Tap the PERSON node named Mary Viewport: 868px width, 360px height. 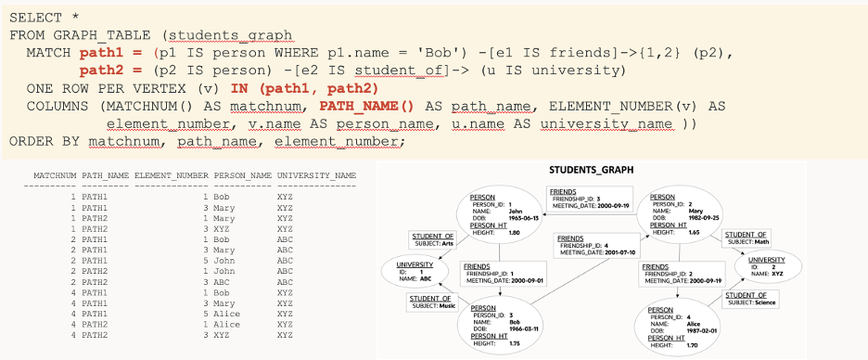[676, 216]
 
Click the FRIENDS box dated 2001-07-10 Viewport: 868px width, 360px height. [587, 245]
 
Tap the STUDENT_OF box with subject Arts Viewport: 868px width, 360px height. [432, 240]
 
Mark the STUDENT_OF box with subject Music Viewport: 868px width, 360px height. [433, 302]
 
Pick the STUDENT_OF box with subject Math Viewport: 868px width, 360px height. [746, 238]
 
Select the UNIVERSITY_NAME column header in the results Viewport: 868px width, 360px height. [316, 175]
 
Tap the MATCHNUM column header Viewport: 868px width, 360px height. [55, 175]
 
